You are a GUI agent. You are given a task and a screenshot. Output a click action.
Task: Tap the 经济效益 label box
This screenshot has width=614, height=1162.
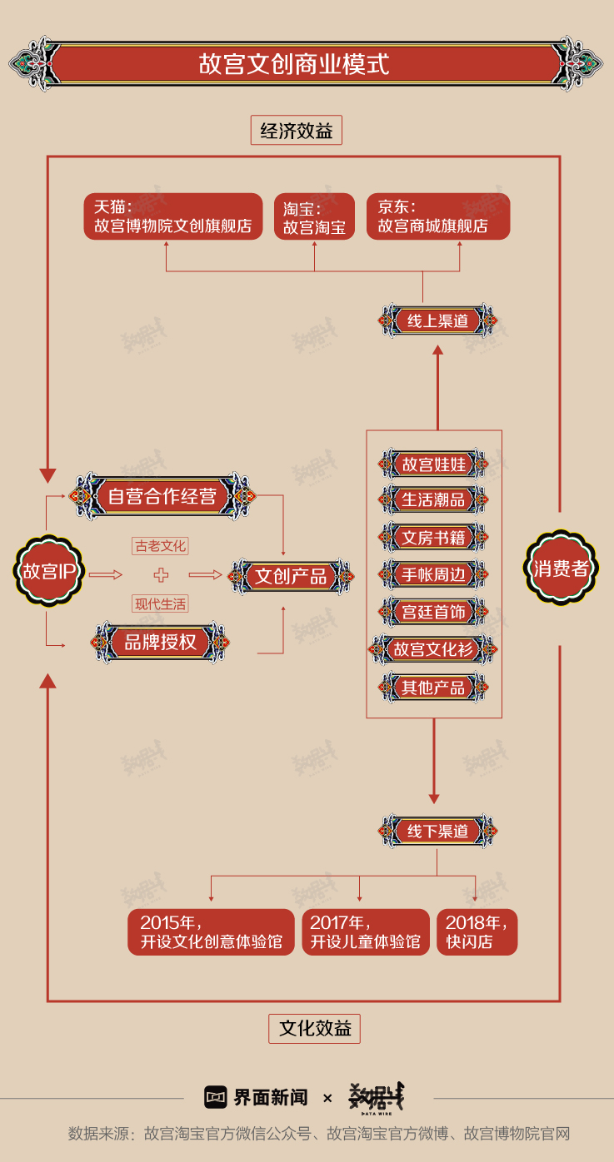pos(296,131)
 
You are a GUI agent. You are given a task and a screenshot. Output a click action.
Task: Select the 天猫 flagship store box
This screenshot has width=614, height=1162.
pos(172,216)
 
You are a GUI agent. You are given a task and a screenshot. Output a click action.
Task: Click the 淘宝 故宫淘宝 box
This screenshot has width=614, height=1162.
pos(314,217)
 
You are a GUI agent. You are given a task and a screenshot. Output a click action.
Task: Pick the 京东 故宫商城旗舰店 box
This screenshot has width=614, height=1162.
pos(437,216)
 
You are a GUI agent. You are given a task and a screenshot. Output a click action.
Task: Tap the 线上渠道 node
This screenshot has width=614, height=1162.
pos(437,320)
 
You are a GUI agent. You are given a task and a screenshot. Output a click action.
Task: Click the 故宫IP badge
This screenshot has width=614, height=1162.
pos(49,571)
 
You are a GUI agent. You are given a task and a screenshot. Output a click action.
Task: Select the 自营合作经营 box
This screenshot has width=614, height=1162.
pos(162,497)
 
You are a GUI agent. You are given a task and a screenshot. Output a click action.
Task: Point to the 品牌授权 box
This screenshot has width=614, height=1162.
pos(160,642)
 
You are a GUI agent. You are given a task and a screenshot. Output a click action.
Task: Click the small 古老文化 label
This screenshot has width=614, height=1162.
pos(161,546)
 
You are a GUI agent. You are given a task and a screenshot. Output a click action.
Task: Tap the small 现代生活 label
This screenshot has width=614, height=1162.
pos(161,604)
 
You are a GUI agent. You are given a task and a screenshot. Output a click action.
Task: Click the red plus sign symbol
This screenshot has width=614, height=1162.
pos(161,575)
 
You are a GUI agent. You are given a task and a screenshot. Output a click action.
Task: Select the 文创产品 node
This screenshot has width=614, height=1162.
pos(290,576)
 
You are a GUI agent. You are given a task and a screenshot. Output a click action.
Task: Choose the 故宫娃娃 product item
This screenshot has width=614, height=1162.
pos(434,464)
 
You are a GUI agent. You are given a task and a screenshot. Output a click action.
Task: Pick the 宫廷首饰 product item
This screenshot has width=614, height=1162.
pos(434,612)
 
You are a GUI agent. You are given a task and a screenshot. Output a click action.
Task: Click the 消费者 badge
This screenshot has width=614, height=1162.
pos(561,569)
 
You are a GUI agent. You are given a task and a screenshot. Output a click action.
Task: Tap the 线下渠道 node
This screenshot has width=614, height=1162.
pos(437,831)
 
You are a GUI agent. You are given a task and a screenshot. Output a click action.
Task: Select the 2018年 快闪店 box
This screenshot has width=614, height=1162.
pos(477,931)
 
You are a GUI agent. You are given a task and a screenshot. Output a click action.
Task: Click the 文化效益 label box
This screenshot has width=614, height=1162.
pos(314,1028)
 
